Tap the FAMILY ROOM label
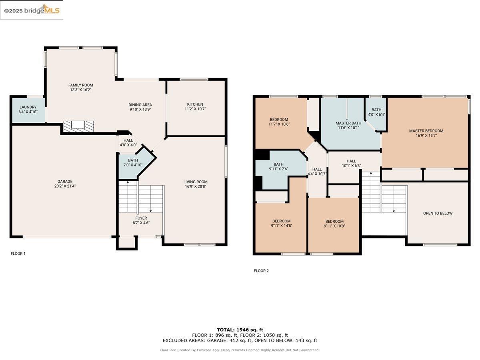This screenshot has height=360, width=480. point(80,85)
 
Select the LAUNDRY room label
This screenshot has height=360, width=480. point(28,107)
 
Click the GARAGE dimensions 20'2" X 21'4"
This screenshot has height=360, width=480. point(65,186)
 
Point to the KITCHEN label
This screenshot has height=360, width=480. point(195,104)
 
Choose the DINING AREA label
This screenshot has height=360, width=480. point(140,105)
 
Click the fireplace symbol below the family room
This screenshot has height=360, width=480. point(78,126)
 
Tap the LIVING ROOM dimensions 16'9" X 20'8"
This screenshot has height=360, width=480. point(196,186)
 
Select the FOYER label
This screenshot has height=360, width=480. point(141,218)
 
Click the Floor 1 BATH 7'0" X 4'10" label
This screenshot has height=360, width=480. point(133,163)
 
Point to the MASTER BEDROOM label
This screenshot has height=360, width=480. point(426,131)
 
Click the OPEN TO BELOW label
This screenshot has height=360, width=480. point(438,213)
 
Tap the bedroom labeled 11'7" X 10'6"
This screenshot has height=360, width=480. point(279,122)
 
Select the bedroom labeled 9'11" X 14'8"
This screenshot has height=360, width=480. point(281,224)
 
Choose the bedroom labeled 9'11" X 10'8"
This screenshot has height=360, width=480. point(334,224)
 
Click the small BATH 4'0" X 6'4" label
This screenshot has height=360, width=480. point(376,112)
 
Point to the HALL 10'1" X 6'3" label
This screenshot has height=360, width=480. point(351,163)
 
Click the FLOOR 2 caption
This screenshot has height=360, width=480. point(261,271)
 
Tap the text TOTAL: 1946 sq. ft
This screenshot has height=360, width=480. point(240,330)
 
